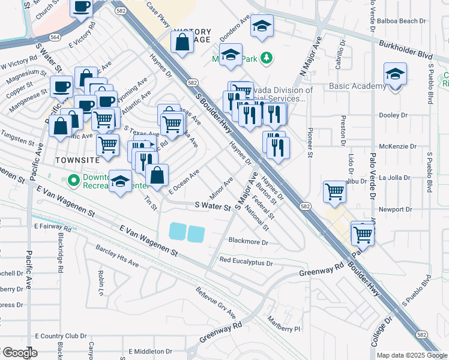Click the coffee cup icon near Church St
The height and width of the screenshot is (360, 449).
[x=81, y=7]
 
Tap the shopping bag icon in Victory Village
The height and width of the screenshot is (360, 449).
[x=181, y=42]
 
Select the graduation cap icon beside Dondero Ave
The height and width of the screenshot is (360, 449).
[x=262, y=26]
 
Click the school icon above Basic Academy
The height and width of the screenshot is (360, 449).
[x=395, y=74]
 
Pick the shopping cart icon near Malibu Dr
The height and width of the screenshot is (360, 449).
[x=334, y=191]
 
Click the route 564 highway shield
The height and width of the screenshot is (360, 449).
[x=55, y=37]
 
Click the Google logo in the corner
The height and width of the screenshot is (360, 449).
[x=19, y=353]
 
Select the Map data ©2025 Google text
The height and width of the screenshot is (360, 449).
[x=412, y=355]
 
